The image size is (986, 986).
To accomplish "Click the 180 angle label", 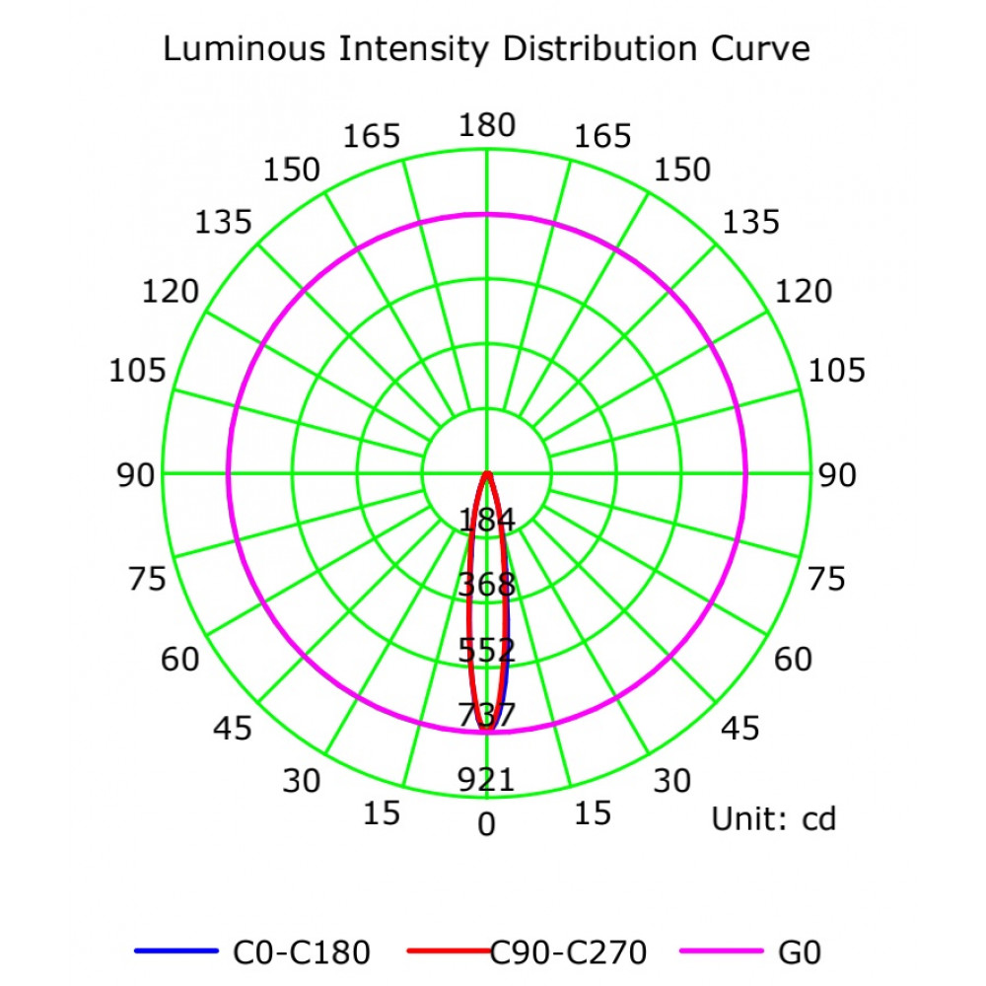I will pyautogui.click(x=487, y=125).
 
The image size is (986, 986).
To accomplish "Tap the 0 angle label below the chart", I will pyautogui.click(x=487, y=824).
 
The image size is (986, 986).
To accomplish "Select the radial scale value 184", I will pyautogui.click(x=487, y=519).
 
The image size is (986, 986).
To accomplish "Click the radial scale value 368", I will pyautogui.click(x=487, y=585).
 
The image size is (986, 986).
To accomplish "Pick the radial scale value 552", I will pyautogui.click(x=487, y=650).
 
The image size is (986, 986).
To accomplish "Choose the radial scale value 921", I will pyautogui.click(x=487, y=780).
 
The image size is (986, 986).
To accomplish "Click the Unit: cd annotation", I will pyautogui.click(x=774, y=818).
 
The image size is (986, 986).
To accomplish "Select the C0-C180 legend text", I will pyautogui.click(x=302, y=952).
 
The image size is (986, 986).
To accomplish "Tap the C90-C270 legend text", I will pyautogui.click(x=570, y=952).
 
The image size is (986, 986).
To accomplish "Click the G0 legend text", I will pyautogui.click(x=800, y=952).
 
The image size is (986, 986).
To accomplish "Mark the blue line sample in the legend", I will pyautogui.click(x=175, y=951).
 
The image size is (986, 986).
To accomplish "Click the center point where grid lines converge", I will pyautogui.click(x=487, y=474).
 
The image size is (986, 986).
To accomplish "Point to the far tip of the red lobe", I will pyautogui.click(x=486, y=730).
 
